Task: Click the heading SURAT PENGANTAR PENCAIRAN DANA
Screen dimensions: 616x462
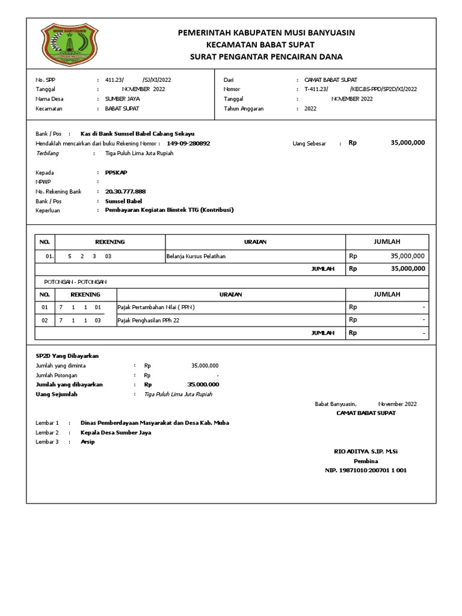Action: (266, 57)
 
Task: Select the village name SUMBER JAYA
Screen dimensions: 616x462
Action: (123, 99)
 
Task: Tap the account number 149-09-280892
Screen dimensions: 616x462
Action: (188, 144)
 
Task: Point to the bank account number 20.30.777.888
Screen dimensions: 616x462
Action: (125, 191)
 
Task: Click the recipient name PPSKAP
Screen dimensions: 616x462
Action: (116, 172)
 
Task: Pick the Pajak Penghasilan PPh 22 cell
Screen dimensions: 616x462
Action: (149, 320)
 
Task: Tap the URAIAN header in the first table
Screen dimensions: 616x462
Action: (255, 242)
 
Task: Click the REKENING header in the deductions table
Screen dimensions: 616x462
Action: (85, 295)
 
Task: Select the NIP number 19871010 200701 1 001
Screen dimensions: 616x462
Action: (365, 470)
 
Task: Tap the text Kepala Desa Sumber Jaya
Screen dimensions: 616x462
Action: (115, 433)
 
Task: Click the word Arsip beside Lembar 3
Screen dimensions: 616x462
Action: (88, 442)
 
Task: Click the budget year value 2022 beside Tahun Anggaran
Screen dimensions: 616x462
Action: (310, 109)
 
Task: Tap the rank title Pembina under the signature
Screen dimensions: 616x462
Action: (365, 461)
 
